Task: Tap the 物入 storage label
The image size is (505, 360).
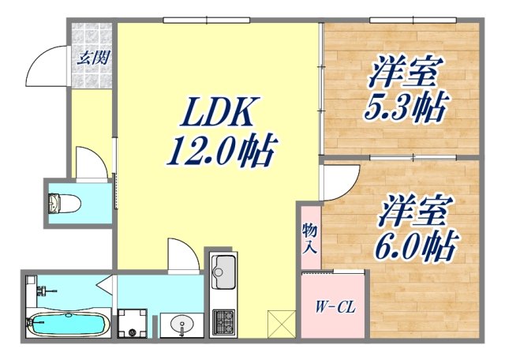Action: pyautogui.click(x=310, y=236)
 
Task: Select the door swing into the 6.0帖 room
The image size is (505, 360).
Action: pyautogui.click(x=335, y=184)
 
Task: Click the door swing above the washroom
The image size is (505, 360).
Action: pyautogui.click(x=180, y=257)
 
